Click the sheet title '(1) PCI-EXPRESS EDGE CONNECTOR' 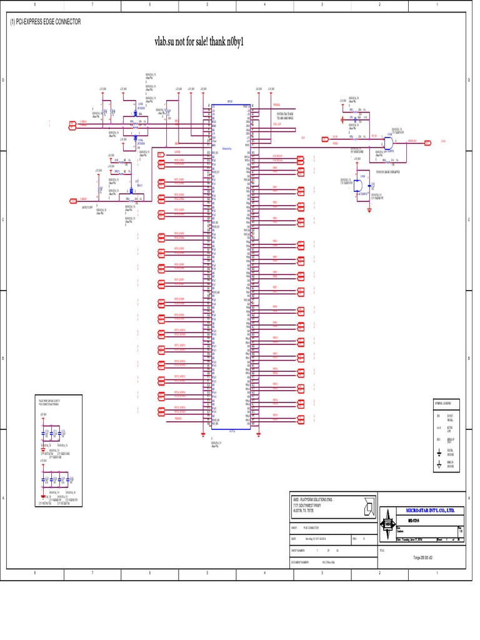pyautogui.click(x=45, y=22)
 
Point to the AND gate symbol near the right pyautogui.click(x=389, y=142)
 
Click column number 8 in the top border pyautogui.click(x=35, y=5)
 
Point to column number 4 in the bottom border pyautogui.click(x=264, y=572)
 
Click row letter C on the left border pyautogui.click(x=4, y=219)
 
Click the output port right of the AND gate pyautogui.click(x=427, y=142)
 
